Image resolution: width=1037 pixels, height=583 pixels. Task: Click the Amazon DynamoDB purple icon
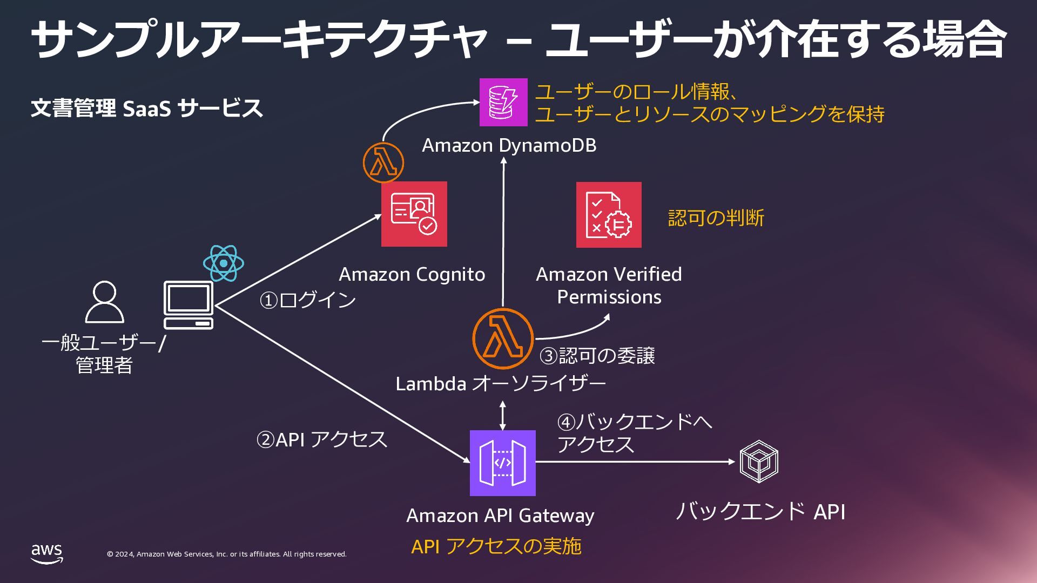click(503, 102)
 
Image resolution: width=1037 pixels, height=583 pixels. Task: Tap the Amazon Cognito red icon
click(414, 214)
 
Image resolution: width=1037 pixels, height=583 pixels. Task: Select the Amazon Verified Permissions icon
click(609, 215)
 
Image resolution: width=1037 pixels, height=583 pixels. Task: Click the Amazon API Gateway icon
click(502, 463)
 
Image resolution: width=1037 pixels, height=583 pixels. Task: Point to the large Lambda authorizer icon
click(503, 339)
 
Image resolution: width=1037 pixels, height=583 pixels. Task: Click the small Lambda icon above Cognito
click(383, 162)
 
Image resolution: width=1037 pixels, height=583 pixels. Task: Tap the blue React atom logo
click(224, 263)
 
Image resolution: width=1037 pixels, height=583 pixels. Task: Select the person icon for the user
click(105, 302)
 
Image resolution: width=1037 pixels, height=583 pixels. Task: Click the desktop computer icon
click(188, 305)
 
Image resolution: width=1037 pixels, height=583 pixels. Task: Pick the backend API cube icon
click(759, 462)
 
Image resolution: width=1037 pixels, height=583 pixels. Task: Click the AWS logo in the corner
click(46, 554)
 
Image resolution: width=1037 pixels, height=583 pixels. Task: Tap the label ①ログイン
click(307, 300)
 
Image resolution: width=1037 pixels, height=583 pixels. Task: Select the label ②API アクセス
click(321, 439)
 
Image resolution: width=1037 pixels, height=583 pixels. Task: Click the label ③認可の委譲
click(597, 356)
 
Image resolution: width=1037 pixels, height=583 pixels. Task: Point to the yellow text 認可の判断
click(716, 218)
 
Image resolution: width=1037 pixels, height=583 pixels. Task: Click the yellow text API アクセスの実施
click(496, 546)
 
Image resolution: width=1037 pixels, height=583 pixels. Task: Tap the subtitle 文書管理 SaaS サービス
click(147, 108)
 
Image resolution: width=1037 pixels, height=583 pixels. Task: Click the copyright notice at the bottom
click(227, 554)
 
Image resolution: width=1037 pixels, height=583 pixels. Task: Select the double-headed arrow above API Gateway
click(503, 415)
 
